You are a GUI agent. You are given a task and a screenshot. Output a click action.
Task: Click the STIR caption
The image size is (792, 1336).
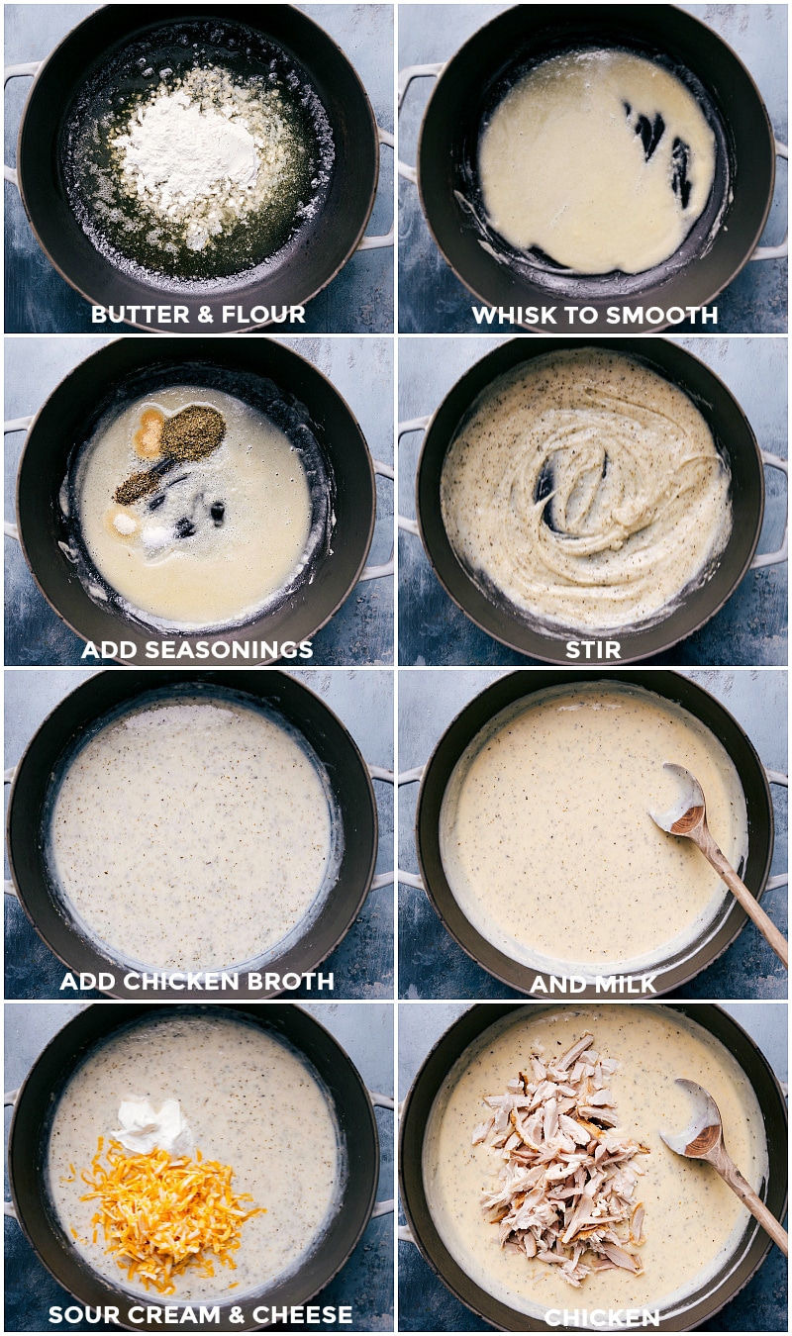pyautogui.click(x=593, y=649)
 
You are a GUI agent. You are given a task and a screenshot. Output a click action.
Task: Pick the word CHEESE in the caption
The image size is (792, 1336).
pyautogui.click(x=302, y=1314)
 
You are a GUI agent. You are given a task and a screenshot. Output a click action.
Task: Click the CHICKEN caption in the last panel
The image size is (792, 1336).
pyautogui.click(x=602, y=1317)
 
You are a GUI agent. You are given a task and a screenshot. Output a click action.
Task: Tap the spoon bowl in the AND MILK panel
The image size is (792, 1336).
pyautogui.click(x=679, y=801)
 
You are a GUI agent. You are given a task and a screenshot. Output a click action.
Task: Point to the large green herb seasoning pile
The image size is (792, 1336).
pyautogui.click(x=193, y=433)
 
